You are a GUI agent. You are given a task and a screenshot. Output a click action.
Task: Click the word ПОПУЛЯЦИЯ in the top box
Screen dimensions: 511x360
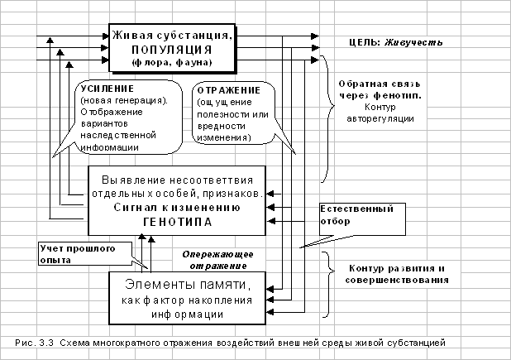pos(172,50)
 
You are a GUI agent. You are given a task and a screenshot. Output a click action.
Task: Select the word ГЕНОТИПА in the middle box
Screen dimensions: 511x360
pos(178,222)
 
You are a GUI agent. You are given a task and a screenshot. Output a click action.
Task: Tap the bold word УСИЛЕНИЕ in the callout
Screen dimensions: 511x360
pos(107,89)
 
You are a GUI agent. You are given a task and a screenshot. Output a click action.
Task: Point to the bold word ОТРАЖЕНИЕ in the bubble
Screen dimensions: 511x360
pos(229,90)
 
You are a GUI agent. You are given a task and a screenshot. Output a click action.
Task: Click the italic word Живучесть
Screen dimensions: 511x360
pos(413,42)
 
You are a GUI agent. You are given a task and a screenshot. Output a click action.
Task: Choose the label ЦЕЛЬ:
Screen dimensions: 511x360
pos(365,42)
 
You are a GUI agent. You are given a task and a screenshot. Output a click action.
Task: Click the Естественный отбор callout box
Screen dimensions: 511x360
pos(362,219)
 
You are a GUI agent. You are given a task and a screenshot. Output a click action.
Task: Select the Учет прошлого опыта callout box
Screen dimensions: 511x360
pos(85,253)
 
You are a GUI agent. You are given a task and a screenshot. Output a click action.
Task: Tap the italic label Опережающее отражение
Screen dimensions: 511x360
pos(217,260)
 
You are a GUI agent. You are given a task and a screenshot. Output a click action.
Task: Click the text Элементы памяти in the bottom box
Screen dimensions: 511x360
pos(188,285)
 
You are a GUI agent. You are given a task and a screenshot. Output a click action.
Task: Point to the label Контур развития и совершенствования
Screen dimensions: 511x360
pos(397,274)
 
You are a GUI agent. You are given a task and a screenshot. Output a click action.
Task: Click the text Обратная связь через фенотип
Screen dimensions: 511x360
pos(380,89)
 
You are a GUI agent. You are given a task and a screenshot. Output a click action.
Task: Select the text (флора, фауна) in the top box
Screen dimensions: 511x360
pos(172,62)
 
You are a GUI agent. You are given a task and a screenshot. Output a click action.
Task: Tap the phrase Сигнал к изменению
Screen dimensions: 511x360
pos(177,208)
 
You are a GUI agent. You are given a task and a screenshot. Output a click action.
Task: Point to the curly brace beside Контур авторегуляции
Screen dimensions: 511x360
pos(328,119)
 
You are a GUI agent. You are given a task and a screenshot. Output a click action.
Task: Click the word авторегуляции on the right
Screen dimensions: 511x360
pos(380,118)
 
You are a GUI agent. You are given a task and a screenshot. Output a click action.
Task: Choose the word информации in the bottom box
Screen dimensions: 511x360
pos(187,314)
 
